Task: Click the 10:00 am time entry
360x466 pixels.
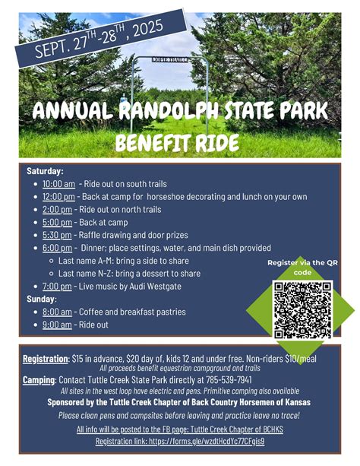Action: click(58, 183)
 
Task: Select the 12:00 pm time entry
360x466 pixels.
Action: click(58, 196)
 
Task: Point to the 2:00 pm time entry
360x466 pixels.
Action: click(56, 209)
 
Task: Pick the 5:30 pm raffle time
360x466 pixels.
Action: click(56, 235)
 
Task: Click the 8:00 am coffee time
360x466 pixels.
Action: click(57, 312)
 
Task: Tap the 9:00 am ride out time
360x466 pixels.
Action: click(57, 324)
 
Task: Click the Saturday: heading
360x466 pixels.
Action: click(45, 171)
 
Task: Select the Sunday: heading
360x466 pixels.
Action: click(41, 298)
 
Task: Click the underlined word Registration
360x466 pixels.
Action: click(46, 357)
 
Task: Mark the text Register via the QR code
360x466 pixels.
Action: click(302, 267)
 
